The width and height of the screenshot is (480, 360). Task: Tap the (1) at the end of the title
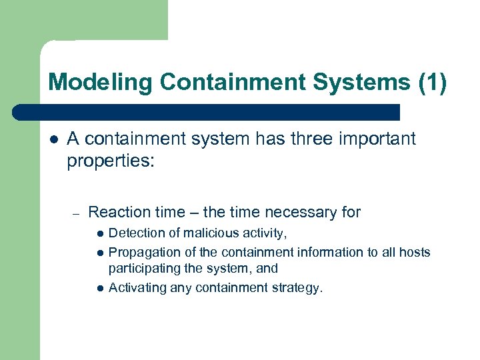click(x=433, y=83)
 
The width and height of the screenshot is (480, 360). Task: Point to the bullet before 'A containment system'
click(x=54, y=139)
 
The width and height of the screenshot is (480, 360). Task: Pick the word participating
click(x=143, y=269)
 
